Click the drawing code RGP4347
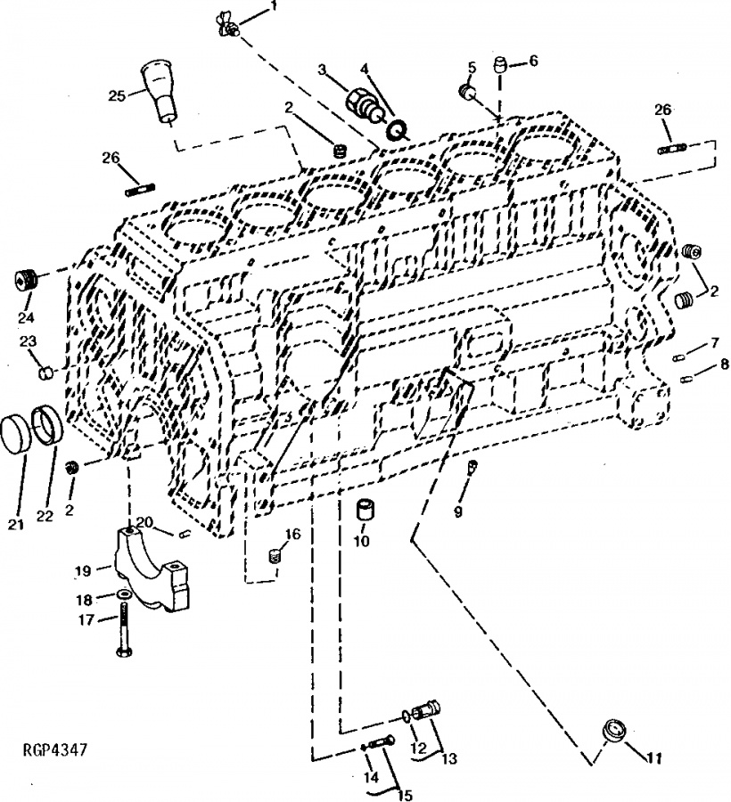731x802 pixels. pos(55,749)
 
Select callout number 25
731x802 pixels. pos(117,95)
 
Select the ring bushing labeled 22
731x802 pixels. pos(48,425)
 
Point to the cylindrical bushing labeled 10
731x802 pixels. pos(365,510)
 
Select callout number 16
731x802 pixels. pos(292,535)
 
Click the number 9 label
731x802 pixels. pos(458,511)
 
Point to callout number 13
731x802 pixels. pos(449,758)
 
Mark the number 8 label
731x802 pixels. pos(724,364)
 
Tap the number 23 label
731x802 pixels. pos(29,341)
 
